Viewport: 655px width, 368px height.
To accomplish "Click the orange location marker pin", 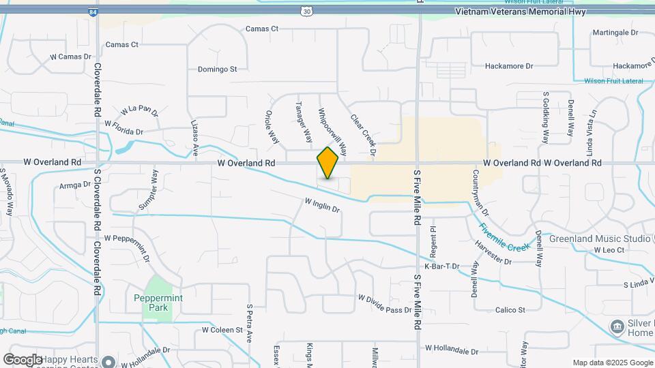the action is point(327,163).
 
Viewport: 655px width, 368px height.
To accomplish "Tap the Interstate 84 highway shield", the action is point(92,12).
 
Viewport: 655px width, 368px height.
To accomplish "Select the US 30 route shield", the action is point(308,12).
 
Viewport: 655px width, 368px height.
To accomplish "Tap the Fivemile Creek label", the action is point(504,236).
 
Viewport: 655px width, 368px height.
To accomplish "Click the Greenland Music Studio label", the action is point(599,239).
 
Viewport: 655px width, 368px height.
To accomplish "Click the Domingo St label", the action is point(217,69).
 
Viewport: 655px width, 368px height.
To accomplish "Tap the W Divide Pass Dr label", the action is point(385,303).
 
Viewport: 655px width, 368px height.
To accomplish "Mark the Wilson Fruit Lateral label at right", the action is point(613,81).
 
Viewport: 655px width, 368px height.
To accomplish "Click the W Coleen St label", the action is point(222,330).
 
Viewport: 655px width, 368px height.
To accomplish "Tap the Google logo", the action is point(23,359).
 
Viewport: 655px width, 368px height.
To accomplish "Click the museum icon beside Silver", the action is point(617,326).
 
